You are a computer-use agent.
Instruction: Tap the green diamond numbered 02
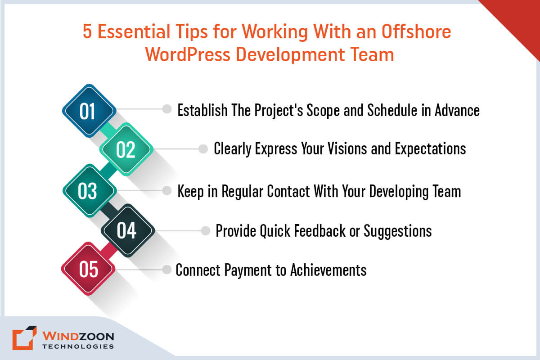(126, 149)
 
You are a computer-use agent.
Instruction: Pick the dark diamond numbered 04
(126, 230)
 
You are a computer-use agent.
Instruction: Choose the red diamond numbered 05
(89, 270)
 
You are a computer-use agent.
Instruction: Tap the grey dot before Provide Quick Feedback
(206, 231)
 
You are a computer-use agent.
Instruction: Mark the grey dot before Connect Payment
(167, 270)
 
